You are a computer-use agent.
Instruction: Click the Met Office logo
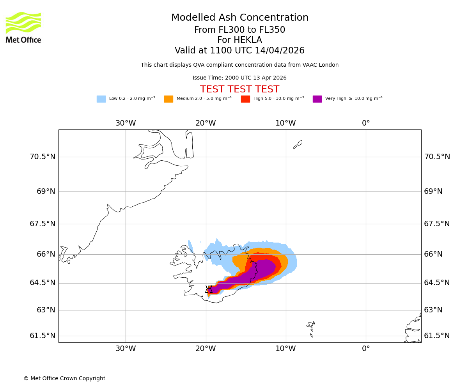click(23, 27)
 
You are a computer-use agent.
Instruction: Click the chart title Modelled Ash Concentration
click(239, 18)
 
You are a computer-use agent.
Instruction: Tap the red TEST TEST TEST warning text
click(239, 90)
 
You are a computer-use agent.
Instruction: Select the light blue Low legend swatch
click(101, 99)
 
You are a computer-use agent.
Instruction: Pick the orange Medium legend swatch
click(168, 99)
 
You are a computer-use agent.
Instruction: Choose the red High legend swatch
click(245, 99)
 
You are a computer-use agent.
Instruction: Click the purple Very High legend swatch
click(317, 99)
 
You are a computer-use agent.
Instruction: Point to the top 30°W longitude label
click(126, 123)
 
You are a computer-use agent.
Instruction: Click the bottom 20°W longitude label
click(206, 349)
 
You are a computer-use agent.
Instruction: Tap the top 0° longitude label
click(366, 123)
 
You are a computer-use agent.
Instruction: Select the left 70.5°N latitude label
click(43, 157)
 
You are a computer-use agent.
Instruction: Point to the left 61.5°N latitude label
click(43, 336)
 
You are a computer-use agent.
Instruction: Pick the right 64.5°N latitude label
click(437, 283)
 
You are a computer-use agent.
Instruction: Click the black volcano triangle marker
click(209, 290)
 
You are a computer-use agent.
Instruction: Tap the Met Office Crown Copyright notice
click(64, 379)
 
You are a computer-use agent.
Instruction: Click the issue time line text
click(239, 78)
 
